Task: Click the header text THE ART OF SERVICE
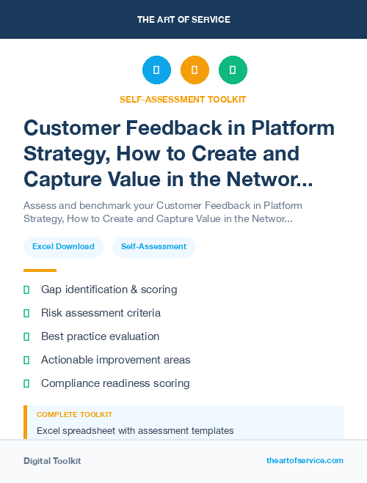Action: (x=183, y=20)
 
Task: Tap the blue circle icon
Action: (x=156, y=70)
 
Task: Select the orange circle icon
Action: (x=195, y=70)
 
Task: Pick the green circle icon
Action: (x=233, y=70)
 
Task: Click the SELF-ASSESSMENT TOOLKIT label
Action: (x=183, y=99)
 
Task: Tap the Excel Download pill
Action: (x=63, y=247)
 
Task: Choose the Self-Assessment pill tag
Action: (x=153, y=247)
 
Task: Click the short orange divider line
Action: (x=40, y=270)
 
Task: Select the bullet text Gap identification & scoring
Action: (x=109, y=290)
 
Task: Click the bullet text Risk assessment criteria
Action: (x=101, y=313)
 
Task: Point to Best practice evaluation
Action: (x=100, y=336)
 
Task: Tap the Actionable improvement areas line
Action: (x=115, y=360)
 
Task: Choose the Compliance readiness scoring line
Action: (x=115, y=383)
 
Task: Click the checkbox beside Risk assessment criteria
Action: (x=26, y=313)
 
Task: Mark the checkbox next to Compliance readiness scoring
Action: (x=26, y=383)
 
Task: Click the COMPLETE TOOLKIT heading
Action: (x=74, y=415)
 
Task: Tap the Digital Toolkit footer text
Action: (x=52, y=461)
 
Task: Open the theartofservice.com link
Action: (x=305, y=460)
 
